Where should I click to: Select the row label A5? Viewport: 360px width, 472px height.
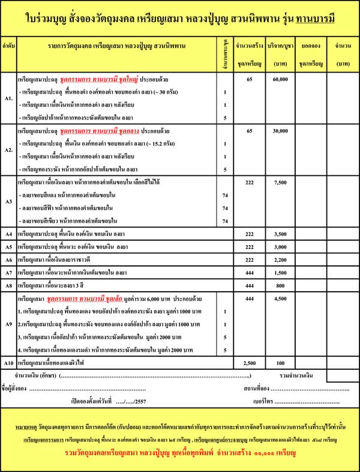8,247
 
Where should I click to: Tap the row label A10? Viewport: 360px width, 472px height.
8,363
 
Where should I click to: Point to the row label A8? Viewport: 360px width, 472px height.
8,286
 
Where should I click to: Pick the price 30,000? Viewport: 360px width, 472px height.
280,130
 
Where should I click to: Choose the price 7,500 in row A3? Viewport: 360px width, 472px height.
280,182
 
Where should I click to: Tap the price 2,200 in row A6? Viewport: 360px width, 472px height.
280,260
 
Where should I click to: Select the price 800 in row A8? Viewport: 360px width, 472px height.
280,286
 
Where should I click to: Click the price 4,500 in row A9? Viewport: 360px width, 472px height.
280,299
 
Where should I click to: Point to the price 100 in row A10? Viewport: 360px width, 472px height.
280,363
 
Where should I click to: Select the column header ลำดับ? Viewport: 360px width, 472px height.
8,46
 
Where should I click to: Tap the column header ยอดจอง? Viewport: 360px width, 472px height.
311,46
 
